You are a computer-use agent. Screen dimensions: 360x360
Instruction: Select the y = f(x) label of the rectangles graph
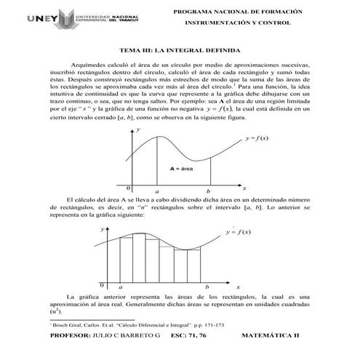click(238, 232)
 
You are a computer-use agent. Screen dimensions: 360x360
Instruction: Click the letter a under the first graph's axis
click(157, 191)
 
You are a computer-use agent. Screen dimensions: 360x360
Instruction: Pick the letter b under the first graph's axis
click(215, 191)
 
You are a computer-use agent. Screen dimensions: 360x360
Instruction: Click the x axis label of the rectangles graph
click(237, 287)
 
